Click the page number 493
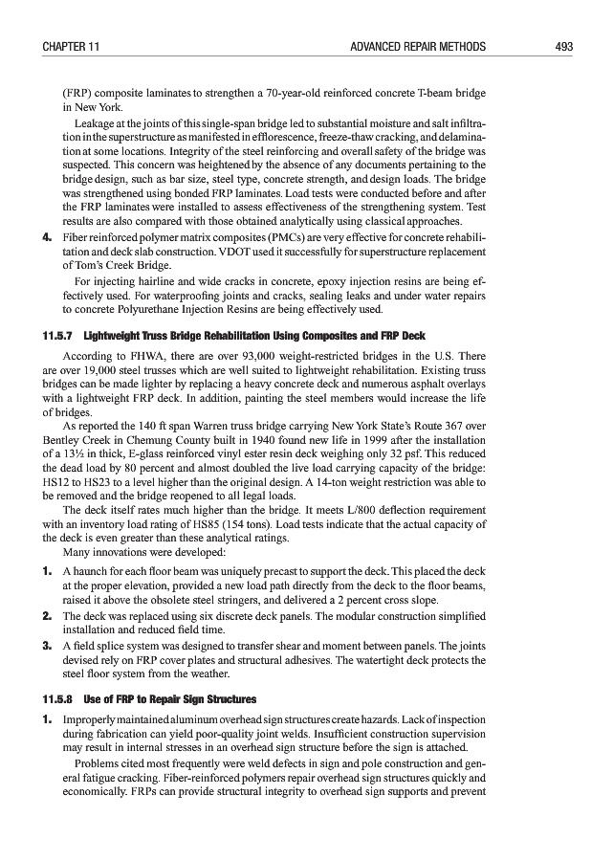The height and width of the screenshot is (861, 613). (x=562, y=45)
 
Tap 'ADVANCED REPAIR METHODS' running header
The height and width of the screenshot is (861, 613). (x=419, y=45)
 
